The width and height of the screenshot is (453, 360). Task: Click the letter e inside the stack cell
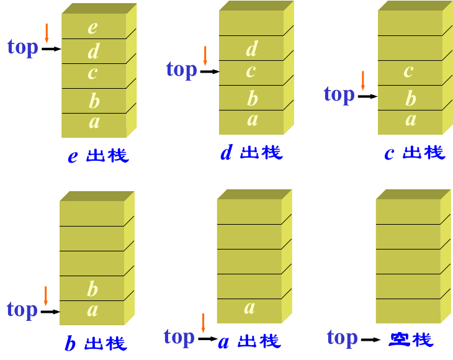[x=92, y=28]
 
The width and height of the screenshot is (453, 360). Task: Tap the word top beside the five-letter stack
[x=23, y=47]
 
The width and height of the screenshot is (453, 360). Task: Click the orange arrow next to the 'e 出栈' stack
[x=47, y=34]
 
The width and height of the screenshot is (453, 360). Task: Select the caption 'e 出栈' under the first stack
[x=98, y=156]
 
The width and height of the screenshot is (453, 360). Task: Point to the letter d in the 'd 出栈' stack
[x=252, y=48]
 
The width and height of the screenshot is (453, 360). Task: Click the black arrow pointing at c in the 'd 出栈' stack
[x=210, y=71]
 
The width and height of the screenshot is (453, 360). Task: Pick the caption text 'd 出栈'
[x=252, y=152]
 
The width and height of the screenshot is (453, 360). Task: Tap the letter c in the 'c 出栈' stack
[x=408, y=71]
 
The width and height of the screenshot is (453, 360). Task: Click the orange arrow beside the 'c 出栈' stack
[x=363, y=81]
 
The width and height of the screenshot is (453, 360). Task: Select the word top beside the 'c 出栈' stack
[x=339, y=95]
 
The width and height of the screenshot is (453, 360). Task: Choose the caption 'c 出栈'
[x=415, y=153]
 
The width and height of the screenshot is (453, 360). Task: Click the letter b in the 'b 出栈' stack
[x=92, y=289]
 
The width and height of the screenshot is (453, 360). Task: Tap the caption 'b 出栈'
[x=96, y=343]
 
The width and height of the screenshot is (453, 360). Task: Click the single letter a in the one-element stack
[x=249, y=308]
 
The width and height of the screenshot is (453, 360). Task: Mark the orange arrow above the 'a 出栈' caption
[x=203, y=323]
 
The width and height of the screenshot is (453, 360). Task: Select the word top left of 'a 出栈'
[x=179, y=338]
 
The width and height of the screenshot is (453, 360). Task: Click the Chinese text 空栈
[x=411, y=340]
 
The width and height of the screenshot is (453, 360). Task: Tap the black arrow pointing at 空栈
[x=371, y=340]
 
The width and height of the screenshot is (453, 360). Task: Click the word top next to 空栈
[x=343, y=338]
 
